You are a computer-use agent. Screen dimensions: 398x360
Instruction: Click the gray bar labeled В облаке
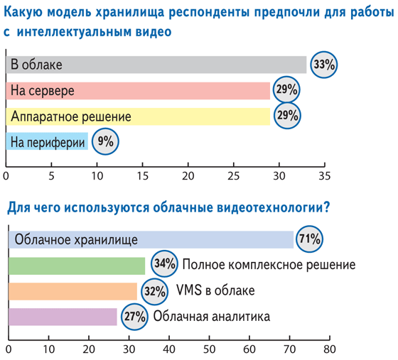[156, 65]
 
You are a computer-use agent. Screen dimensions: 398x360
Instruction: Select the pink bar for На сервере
[138, 90]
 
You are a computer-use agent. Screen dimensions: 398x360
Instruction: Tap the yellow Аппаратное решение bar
[138, 116]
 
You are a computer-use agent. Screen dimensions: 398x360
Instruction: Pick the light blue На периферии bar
[47, 141]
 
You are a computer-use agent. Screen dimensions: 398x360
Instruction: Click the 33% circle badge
[324, 65]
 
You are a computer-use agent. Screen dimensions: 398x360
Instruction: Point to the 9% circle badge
[105, 141]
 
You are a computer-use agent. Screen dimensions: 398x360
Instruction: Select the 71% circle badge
[309, 239]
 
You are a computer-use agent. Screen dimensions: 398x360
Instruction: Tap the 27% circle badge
[134, 317]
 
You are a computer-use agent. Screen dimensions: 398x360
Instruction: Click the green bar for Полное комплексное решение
[77, 266]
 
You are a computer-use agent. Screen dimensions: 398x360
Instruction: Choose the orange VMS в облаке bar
[72, 291]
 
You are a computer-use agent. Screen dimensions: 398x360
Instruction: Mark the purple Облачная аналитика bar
[63, 317]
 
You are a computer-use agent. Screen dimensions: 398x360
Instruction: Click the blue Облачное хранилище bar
[151, 239]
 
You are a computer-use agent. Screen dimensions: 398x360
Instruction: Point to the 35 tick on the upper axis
[324, 165]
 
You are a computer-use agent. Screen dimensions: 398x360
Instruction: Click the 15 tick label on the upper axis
[142, 176]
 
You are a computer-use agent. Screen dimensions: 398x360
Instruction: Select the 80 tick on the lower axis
[330, 338]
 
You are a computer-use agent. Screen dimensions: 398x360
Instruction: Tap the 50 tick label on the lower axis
[209, 349]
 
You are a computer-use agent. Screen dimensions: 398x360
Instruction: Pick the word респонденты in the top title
[209, 13]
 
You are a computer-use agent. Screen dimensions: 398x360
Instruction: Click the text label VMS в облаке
[215, 290]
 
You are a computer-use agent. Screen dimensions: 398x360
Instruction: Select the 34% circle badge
[164, 263]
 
